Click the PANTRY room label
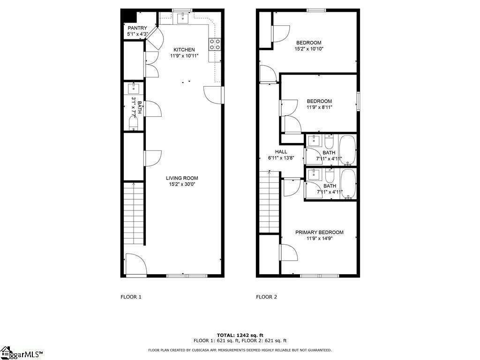pos(137,28)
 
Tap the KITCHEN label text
pos(184,50)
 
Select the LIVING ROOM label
pos(182,178)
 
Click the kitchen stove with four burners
pos(215,44)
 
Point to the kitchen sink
pos(183,18)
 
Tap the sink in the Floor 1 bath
pos(134,89)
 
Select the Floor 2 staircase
pos(269,202)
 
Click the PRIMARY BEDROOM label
pos(319,232)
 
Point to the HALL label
pos(281,151)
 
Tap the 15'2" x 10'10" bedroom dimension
pos(309,49)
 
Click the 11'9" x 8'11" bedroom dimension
pos(319,107)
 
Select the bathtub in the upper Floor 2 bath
pos(348,150)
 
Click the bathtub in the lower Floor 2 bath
pos(348,184)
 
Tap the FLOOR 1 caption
pos(131,297)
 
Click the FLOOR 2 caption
pos(267,297)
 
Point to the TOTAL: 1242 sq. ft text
pos(240,335)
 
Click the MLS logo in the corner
pos(22,353)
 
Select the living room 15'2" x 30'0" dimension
pos(182,184)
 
